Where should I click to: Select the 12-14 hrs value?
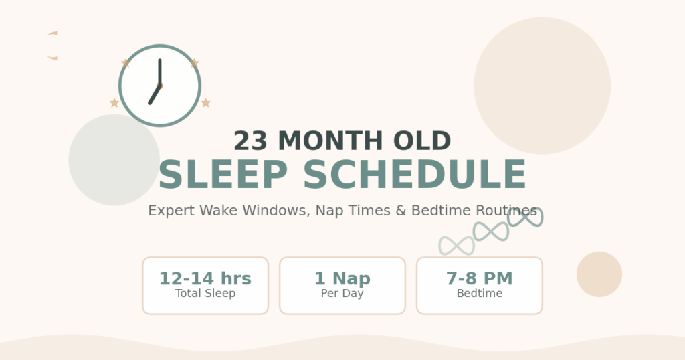[205, 278]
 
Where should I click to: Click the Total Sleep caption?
[205, 294]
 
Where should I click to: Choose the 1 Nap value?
[342, 278]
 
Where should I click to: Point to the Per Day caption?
[342, 294]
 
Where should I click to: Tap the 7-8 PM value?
[479, 278]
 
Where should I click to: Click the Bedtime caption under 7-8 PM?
[479, 294]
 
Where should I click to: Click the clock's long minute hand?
[159, 71]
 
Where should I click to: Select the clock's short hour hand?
[155, 94]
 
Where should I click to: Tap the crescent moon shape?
[51, 46]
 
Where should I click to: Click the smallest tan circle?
[599, 274]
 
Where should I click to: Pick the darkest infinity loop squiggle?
[525, 217]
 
